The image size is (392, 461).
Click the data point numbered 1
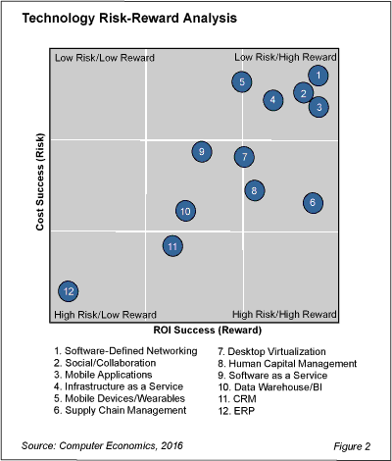pyautogui.click(x=318, y=76)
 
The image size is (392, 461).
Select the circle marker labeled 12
pyautogui.click(x=68, y=291)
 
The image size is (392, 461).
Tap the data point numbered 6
pyautogui.click(x=312, y=203)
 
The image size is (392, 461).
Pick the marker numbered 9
pyautogui.click(x=201, y=151)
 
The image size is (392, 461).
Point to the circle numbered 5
pyautogui.click(x=241, y=82)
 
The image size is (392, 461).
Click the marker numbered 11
pyautogui.click(x=172, y=246)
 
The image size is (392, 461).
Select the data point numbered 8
pyautogui.click(x=253, y=190)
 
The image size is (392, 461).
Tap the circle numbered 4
pyautogui.click(x=273, y=99)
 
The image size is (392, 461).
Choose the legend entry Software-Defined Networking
pyautogui.click(x=125, y=351)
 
